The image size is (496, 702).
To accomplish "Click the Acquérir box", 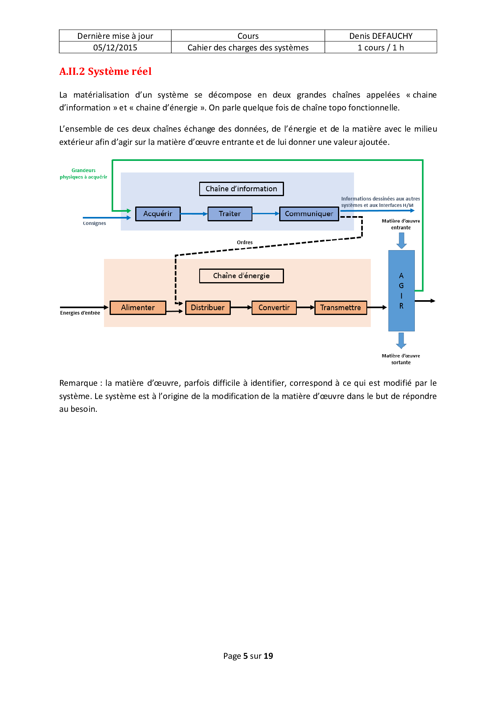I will (x=158, y=214).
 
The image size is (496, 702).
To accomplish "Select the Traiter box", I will (x=230, y=214).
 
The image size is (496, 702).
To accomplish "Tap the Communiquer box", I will (x=309, y=214).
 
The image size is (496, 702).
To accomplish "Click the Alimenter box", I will (x=138, y=308).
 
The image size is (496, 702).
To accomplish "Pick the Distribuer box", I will (x=208, y=308).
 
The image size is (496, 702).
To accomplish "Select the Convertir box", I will (x=274, y=308).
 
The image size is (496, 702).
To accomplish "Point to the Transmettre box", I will (x=340, y=308).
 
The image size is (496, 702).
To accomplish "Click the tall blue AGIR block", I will (x=401, y=291).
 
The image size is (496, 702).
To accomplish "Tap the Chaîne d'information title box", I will (x=241, y=189).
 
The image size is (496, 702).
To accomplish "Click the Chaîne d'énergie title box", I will (x=241, y=276).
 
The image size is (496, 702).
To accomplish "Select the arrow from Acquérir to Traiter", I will (x=194, y=214).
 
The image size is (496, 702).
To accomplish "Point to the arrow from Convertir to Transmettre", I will (x=306, y=307).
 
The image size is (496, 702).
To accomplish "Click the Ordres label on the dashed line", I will (x=245, y=242).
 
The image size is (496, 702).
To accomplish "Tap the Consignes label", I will (x=94, y=223).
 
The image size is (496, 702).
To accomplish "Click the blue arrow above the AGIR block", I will (x=401, y=240).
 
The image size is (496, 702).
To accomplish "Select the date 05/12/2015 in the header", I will (x=115, y=48).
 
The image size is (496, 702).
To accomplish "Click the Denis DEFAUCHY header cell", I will (x=381, y=36).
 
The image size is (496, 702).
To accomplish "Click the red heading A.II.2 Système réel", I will (x=105, y=72).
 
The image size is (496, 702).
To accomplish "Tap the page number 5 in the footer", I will (x=246, y=656).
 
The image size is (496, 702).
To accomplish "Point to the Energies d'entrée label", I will (x=80, y=313).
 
